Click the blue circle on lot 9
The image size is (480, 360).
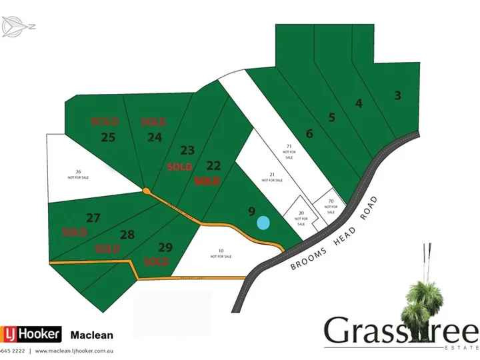pos(264,223)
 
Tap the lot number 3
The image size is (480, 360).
pos(398,95)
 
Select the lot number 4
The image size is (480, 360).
pos(359,103)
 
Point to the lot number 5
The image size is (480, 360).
pos(331,118)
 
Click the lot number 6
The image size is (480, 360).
pos(309,133)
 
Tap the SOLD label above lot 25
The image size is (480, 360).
pos(105,121)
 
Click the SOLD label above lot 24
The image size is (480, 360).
pos(153,122)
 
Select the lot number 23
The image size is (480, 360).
pos(187,150)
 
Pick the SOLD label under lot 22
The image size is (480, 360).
pos(207,181)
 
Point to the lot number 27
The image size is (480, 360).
pos(93,217)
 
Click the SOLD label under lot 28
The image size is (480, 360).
pos(107,249)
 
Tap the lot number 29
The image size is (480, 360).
pos(166,247)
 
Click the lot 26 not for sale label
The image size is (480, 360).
pos(79,175)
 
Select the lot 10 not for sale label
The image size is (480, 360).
pos(220,253)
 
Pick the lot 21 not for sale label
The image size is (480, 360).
pos(271,177)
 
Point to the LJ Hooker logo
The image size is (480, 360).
pos(31,335)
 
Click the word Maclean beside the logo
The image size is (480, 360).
pos(92,335)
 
